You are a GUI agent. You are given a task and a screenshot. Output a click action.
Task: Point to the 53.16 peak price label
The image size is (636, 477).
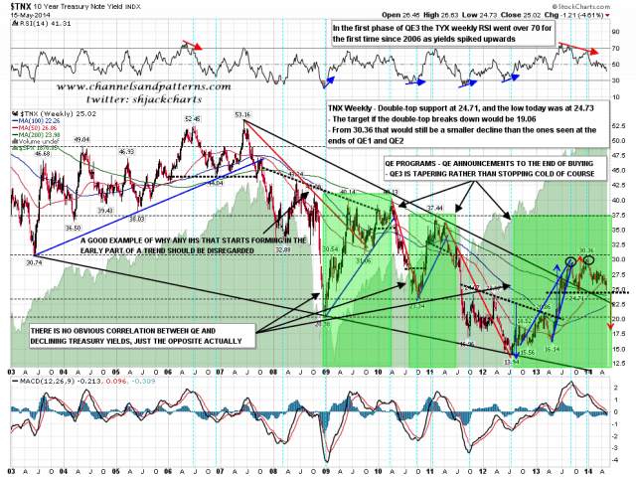click(x=240, y=113)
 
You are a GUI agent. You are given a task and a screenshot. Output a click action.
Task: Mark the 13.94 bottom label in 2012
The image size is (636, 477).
click(x=510, y=362)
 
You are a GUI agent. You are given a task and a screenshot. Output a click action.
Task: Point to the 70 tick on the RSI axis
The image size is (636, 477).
click(x=616, y=48)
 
